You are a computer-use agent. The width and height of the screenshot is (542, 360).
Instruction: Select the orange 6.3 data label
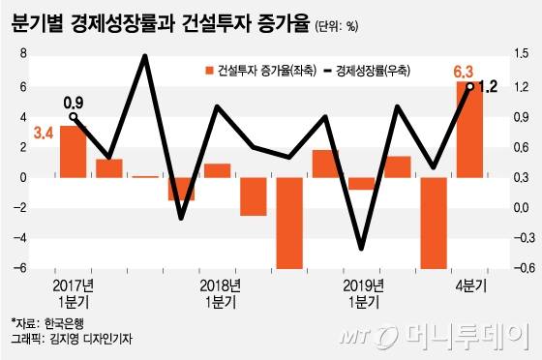pos(465,71)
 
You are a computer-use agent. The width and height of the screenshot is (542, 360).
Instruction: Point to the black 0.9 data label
pos(75,101)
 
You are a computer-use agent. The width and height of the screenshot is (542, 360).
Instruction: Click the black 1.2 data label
pos(488,87)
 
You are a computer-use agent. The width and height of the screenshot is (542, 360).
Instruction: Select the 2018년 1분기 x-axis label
pos(220,293)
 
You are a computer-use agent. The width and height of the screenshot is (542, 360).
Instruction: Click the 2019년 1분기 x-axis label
pos(363,293)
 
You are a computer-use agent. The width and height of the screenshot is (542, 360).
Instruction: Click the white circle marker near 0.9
pos(74,117)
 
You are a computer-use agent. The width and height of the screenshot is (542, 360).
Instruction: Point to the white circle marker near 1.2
pos(470,87)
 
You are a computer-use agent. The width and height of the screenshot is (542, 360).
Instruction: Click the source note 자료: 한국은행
pos(44,322)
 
